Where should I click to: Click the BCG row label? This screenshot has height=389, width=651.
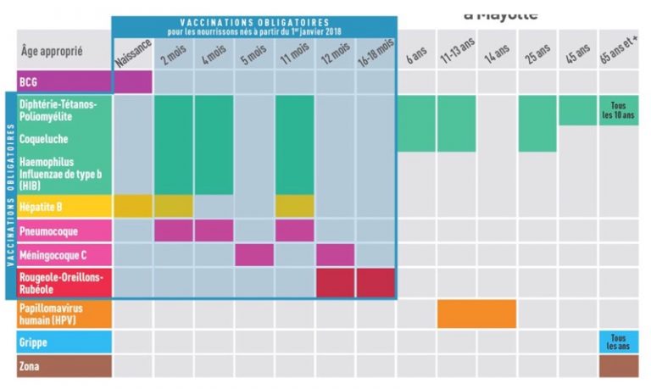pos(30,82)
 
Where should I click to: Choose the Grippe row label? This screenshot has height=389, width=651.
pos(33,342)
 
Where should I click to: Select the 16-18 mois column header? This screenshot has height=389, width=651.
pos(376,55)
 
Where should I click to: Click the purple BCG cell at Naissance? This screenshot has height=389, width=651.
pos(132,82)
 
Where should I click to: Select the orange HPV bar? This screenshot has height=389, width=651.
pos(476,314)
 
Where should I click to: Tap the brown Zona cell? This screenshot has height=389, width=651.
pos(620,366)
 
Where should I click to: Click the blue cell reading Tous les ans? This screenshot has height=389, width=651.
pos(620,342)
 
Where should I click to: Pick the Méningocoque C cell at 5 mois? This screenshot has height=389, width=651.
pos(253,254)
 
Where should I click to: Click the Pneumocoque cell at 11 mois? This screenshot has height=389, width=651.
pos(294,231)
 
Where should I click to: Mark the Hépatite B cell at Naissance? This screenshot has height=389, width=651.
pos(132,206)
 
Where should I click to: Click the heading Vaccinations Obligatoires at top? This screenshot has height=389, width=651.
pos(254,21)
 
